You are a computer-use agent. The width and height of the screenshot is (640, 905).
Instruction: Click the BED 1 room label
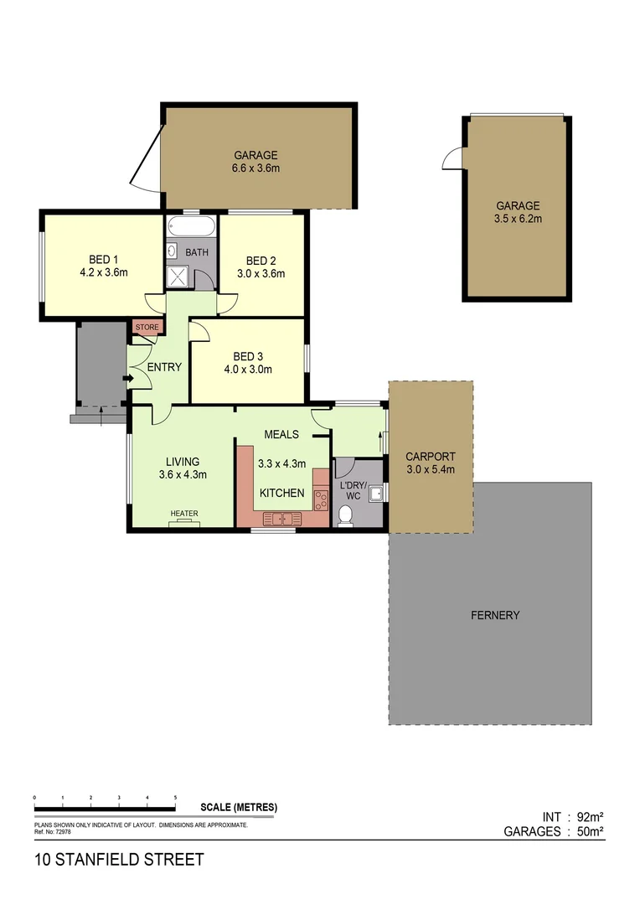click(103, 259)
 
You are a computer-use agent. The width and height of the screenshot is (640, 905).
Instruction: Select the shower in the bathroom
click(178, 277)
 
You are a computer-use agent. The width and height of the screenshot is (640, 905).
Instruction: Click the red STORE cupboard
click(147, 328)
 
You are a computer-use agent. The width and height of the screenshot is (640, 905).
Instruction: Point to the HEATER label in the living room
click(183, 514)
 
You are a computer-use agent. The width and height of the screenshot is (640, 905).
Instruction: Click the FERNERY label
click(495, 615)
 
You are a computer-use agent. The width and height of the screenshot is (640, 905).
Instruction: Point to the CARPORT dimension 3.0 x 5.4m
click(430, 469)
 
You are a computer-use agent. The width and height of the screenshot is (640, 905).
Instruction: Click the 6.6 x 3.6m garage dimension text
click(255, 168)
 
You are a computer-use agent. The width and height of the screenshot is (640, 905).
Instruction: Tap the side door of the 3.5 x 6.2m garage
click(452, 158)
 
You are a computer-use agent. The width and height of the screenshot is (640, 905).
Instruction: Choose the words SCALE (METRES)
click(239, 808)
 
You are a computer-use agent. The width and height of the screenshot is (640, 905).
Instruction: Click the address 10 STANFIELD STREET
click(118, 860)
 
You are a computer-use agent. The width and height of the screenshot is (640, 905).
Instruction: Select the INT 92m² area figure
click(573, 817)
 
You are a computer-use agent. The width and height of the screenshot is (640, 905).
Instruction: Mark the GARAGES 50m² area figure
click(554, 832)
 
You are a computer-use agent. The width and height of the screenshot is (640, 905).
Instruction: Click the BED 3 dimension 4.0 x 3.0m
click(247, 369)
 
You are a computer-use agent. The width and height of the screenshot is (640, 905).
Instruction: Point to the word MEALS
click(281, 434)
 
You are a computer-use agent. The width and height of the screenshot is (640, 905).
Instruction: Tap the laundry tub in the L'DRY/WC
click(377, 494)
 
